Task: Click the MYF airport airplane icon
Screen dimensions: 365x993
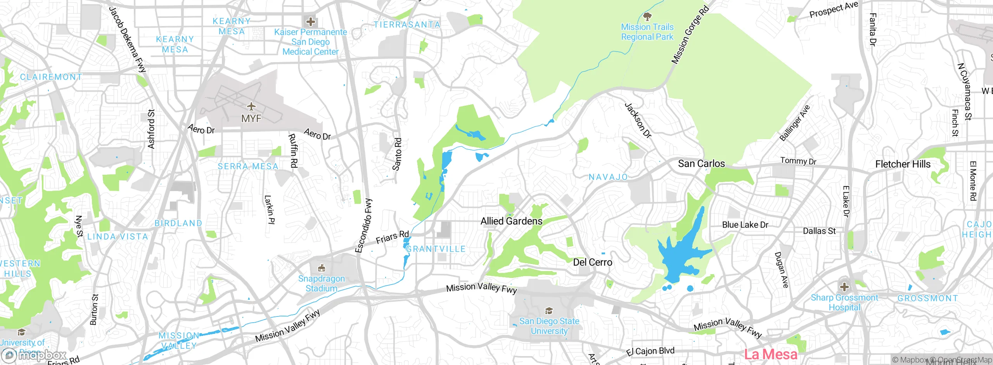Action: point(251,106)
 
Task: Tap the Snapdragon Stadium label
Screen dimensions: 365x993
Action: point(321,283)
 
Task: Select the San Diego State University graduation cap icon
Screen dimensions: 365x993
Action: point(549,311)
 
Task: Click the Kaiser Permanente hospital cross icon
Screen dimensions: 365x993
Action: point(310,22)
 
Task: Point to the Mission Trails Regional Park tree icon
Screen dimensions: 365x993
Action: point(647,17)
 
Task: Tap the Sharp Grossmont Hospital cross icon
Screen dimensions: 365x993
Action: point(844,287)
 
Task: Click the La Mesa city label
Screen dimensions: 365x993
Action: point(770,354)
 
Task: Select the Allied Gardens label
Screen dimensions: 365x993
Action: point(511,221)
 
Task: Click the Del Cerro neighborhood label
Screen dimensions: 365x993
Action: point(592,262)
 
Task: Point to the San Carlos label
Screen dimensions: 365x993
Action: point(701,163)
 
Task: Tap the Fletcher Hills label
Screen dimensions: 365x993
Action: point(903,164)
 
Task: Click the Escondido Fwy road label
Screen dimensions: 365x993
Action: point(364,226)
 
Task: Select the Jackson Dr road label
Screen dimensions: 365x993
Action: point(638,120)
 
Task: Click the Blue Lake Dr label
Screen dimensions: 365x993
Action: point(745,225)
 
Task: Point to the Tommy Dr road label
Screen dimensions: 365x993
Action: point(798,161)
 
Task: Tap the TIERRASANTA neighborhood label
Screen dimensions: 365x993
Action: point(407,25)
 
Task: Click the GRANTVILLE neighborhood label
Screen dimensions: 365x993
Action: point(436,249)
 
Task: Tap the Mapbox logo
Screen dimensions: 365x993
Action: point(34,355)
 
